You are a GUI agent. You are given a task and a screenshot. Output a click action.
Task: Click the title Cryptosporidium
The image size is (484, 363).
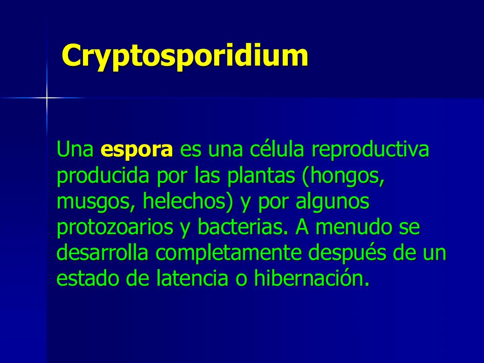click(x=185, y=55)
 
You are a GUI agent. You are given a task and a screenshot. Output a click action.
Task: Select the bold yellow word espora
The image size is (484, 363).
click(x=136, y=150)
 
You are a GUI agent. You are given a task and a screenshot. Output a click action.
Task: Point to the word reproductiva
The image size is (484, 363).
click(x=370, y=150)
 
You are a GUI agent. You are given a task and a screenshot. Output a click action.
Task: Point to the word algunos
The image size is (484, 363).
click(x=332, y=202)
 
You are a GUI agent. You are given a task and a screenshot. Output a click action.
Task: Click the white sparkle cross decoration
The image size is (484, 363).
click(x=47, y=98)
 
